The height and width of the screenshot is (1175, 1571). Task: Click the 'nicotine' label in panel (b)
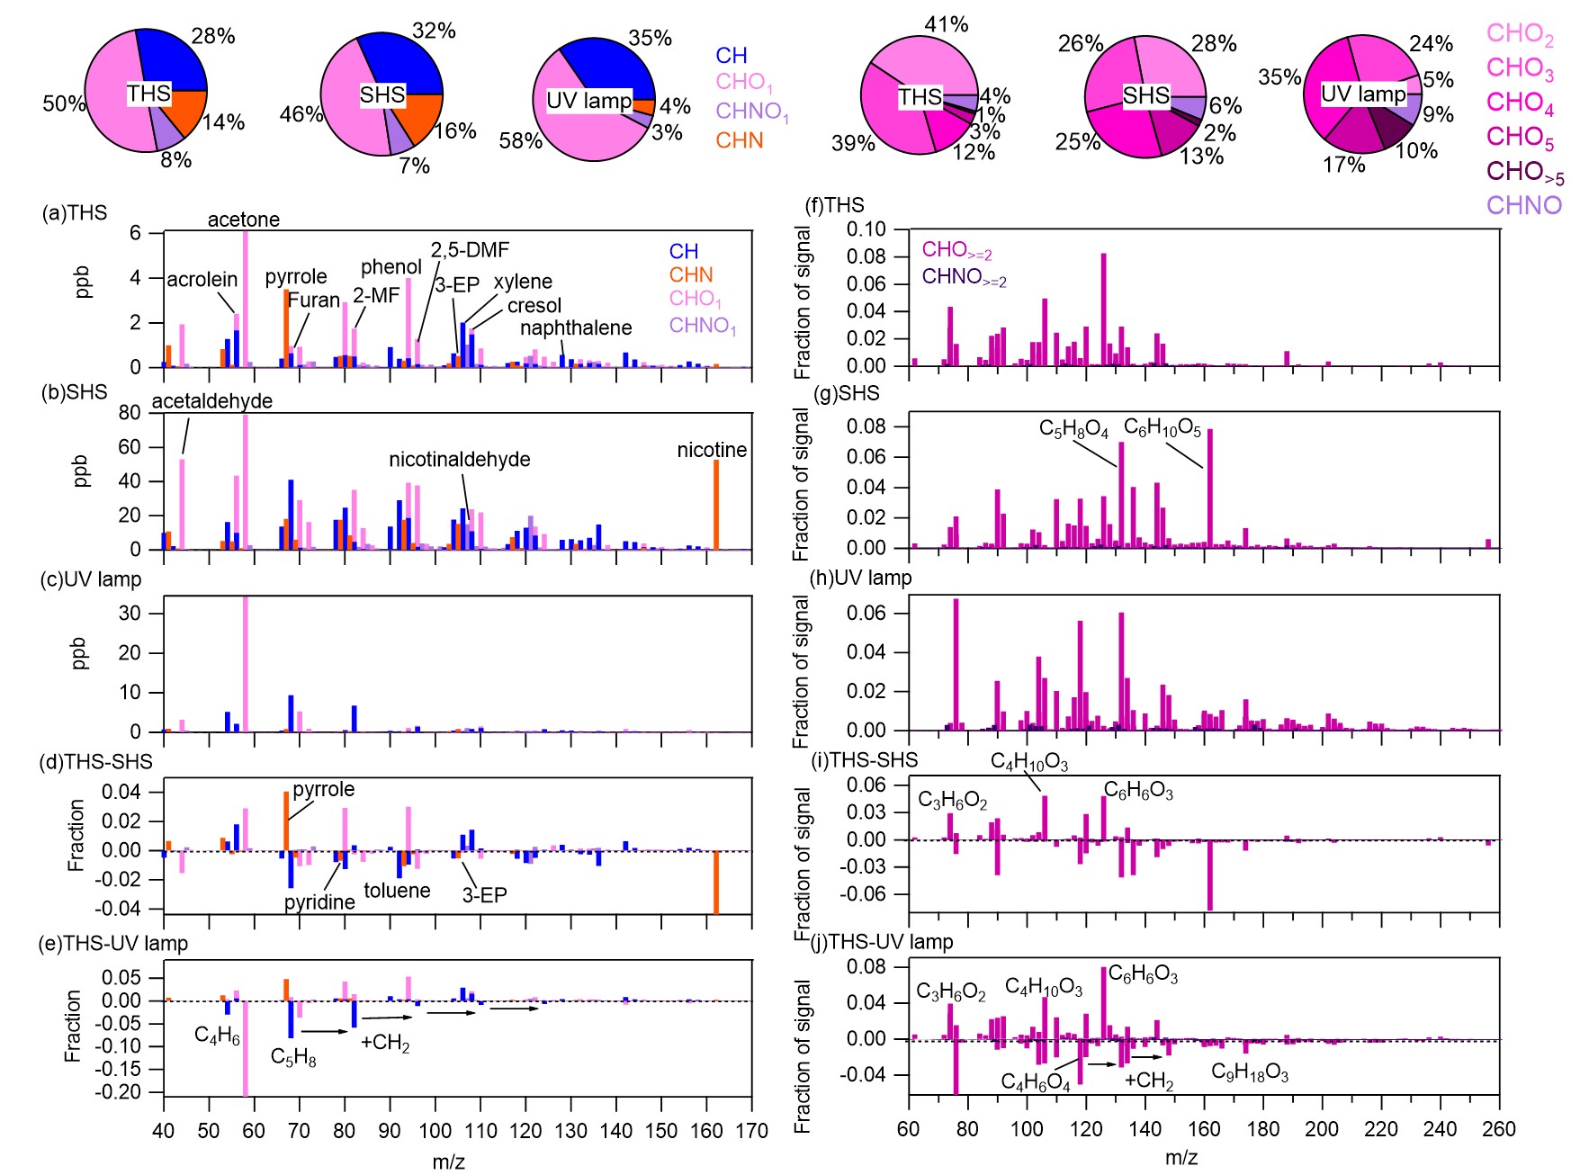click(711, 450)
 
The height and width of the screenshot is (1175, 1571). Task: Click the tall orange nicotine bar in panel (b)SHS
click(716, 504)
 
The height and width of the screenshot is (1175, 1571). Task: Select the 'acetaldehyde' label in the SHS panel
click(211, 401)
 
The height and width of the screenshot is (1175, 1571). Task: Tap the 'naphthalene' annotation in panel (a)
click(576, 328)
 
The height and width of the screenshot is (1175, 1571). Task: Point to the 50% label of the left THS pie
click(63, 103)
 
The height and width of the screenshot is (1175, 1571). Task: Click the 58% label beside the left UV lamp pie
click(520, 141)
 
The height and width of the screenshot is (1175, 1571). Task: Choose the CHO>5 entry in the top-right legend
click(1524, 172)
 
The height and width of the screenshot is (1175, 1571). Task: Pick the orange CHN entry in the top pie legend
click(739, 141)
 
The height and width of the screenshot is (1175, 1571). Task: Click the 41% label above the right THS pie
click(946, 25)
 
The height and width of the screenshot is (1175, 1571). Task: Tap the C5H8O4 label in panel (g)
click(1073, 429)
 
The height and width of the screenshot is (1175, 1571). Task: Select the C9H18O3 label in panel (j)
click(1249, 1072)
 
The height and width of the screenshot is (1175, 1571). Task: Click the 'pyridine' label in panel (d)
click(319, 902)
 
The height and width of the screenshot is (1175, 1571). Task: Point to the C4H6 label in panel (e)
click(217, 1036)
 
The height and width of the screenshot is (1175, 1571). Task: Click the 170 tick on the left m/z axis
click(751, 1131)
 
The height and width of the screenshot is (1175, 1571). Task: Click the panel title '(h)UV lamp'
click(861, 578)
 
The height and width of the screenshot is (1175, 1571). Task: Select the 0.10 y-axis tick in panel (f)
click(866, 229)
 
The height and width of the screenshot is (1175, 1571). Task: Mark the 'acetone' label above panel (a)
click(243, 220)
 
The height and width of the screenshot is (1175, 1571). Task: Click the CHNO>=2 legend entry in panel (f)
click(964, 277)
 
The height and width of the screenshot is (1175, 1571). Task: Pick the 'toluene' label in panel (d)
click(397, 891)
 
